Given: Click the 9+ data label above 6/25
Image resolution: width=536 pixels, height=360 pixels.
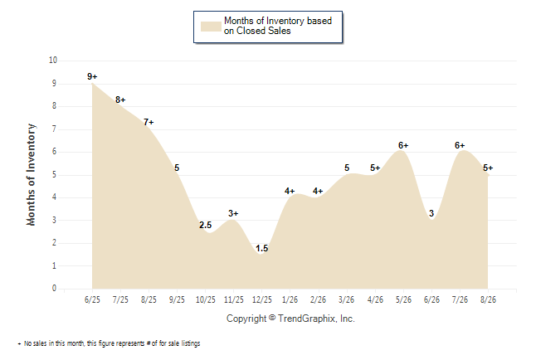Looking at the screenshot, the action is point(92,76).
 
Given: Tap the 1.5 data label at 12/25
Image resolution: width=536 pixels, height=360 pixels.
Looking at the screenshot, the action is point(262,249).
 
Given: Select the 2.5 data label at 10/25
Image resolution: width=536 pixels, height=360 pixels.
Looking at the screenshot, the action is point(206,225).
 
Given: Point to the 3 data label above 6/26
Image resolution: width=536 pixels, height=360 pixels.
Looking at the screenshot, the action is point(431,213).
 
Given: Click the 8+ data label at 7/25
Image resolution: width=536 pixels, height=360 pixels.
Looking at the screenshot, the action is point(120,100).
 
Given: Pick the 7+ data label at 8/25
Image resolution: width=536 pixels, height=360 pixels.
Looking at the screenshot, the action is point(149,122).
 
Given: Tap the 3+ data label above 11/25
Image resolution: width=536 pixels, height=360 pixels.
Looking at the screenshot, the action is point(233,213).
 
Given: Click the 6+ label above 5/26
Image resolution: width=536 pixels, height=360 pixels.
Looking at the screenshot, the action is point(403,145).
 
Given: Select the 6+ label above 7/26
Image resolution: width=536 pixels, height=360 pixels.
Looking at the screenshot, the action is point(460,145).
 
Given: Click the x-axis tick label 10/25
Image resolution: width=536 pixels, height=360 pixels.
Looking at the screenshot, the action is point(206,299).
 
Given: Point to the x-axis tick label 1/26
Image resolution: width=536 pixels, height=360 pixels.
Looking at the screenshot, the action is point(290,299).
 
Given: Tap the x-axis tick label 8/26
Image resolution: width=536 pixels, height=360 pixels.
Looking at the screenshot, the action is point(488,299).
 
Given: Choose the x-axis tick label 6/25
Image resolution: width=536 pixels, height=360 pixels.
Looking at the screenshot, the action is point(92,299).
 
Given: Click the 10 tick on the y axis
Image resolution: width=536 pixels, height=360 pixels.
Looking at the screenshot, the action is point(53,61).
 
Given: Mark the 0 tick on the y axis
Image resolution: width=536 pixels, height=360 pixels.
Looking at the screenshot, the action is point(54,288).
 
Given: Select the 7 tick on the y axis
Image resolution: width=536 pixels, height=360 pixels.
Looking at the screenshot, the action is point(54,129).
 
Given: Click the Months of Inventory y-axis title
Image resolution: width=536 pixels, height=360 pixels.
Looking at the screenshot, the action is point(31,175).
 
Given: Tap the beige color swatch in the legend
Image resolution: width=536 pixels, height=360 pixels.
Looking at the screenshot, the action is point(211,27).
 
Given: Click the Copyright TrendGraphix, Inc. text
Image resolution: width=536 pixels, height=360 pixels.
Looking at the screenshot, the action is point(290,319).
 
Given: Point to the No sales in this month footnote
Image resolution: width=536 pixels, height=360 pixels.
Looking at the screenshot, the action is point(109,343).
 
